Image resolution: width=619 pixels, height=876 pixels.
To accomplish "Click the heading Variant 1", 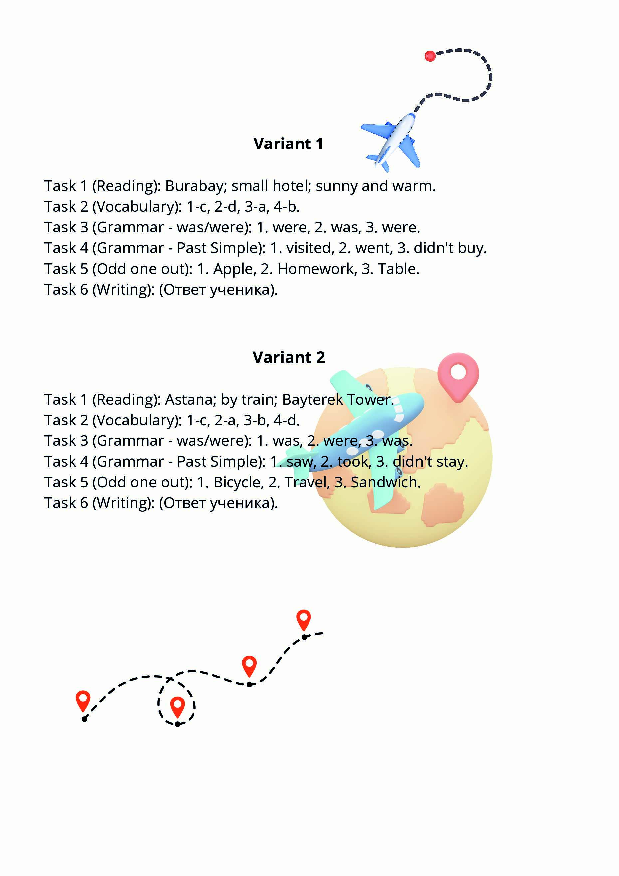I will (x=288, y=144).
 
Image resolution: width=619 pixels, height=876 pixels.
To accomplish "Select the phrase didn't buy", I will (x=450, y=248).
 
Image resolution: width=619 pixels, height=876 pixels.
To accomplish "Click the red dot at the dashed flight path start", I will (x=430, y=56).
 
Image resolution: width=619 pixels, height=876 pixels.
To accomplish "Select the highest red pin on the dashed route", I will (x=304, y=619).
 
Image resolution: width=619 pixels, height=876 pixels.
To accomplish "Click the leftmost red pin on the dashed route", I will (x=83, y=700).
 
